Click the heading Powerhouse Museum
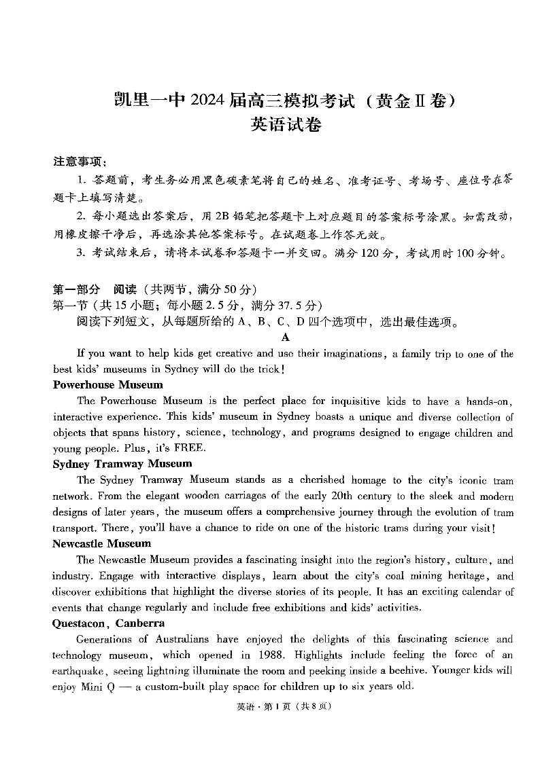tap(108, 385)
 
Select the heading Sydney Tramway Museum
tap(122, 464)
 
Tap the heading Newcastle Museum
tap(102, 543)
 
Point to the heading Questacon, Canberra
tap(109, 623)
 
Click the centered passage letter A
tap(285, 338)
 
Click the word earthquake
tap(79, 670)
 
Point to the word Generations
tap(105, 639)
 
